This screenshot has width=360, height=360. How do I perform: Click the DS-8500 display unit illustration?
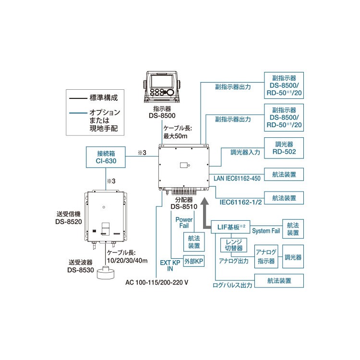click(162, 87)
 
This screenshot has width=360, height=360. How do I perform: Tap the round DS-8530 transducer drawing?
click(106, 273)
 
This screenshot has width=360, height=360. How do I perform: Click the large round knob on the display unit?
click(170, 92)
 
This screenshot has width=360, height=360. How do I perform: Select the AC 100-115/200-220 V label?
click(157, 282)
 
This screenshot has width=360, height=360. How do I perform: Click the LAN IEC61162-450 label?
click(237, 179)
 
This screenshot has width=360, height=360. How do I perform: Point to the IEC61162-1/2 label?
click(240, 202)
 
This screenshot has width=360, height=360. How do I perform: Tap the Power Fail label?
click(184, 223)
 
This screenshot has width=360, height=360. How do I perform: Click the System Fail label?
click(266, 231)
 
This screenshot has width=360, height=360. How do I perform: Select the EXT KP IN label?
click(170, 265)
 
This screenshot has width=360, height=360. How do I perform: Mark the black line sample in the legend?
click(78, 98)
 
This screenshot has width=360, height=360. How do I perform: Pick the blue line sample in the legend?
click(78, 113)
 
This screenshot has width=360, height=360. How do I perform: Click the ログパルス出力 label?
click(232, 285)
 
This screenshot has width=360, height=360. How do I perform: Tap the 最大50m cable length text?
click(175, 136)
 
